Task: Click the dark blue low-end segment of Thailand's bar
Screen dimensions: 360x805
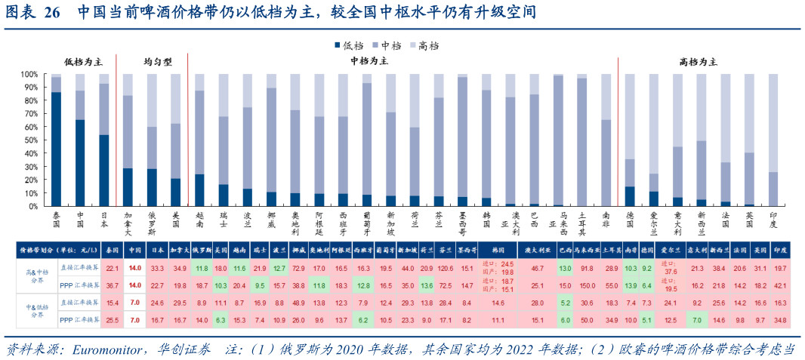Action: tap(56, 149)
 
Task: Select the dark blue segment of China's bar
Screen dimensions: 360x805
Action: tap(80, 162)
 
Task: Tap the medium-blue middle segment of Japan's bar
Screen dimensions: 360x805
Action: tap(104, 109)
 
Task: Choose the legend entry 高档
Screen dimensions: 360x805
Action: tap(427, 45)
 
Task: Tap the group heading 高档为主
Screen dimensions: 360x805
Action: tap(699, 61)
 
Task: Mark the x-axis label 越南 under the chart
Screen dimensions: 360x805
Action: tap(199, 220)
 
